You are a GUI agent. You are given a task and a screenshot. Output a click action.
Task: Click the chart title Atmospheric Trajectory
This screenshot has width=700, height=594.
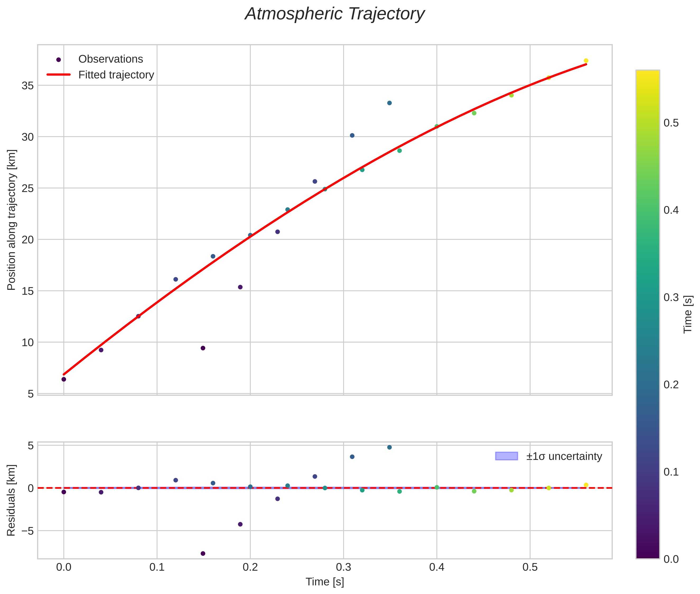point(335,14)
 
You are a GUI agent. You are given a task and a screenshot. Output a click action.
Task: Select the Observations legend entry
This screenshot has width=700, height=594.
point(110,59)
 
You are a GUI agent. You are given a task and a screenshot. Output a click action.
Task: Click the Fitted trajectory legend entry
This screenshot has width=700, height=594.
point(116,75)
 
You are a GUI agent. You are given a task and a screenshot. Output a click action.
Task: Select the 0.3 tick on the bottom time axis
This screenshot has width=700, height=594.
point(343,567)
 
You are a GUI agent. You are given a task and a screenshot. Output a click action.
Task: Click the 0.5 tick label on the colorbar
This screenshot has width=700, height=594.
point(671,123)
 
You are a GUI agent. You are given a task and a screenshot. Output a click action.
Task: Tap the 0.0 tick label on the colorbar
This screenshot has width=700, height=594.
point(671,559)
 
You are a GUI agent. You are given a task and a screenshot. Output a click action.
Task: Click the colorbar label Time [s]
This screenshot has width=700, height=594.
point(688,314)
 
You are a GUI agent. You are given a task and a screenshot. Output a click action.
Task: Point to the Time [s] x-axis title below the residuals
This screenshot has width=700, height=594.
point(325,582)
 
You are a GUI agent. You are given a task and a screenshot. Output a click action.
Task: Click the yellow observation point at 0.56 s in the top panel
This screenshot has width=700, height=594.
point(586,61)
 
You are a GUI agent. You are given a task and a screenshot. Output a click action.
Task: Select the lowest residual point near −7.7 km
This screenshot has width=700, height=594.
point(203,554)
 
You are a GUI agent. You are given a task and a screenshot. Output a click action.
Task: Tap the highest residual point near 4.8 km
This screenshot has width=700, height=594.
point(389,447)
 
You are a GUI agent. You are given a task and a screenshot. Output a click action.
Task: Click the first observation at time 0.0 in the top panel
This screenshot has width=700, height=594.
point(64,380)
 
